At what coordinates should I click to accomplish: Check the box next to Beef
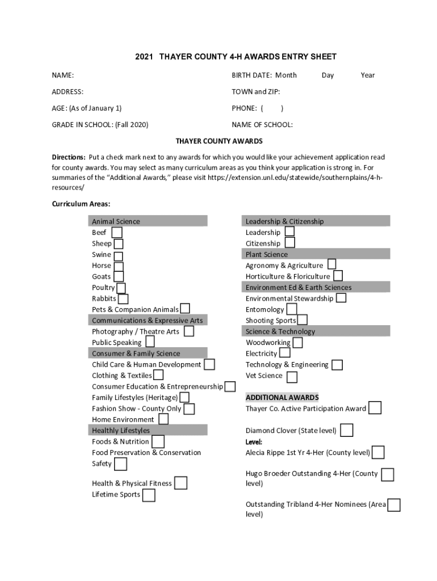coord(116,233)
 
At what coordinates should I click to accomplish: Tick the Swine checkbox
coord(117,255)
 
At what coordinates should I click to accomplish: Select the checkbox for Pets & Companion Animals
coord(185,309)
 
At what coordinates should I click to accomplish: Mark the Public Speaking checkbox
coord(150,342)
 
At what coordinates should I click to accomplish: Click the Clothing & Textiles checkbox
coord(158,375)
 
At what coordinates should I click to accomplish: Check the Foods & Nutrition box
coord(158,441)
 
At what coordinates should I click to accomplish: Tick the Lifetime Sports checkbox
coord(149,495)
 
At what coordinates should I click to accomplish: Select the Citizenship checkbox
coord(289,243)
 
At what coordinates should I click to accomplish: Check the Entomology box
coord(292,309)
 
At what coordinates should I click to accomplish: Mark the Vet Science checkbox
coord(292,377)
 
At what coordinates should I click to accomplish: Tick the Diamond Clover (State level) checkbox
coord(346,431)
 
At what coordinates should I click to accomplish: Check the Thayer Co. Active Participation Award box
coord(375,408)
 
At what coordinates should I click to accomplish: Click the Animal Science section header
coord(116,221)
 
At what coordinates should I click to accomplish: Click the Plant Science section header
coord(267,254)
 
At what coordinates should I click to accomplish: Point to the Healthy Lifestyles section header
coord(121,430)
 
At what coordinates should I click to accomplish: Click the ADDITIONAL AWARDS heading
coord(282,397)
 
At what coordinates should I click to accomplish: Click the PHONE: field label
coord(244,108)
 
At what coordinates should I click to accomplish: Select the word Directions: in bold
coord(69,157)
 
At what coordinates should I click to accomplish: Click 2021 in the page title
coord(144,57)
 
